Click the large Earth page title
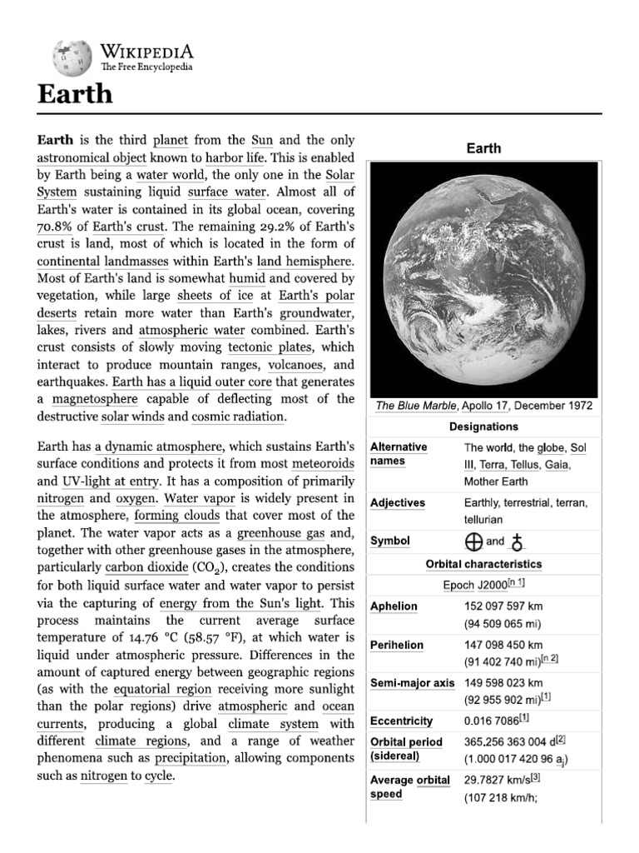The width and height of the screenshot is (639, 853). (75, 93)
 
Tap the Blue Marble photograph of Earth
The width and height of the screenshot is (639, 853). (483, 277)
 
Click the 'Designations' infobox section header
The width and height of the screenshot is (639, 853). (483, 426)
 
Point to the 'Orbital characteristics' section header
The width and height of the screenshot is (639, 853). (483, 564)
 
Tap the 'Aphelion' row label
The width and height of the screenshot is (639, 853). (394, 606)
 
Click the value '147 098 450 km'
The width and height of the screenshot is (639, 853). (503, 645)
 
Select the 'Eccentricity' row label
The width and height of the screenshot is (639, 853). (401, 721)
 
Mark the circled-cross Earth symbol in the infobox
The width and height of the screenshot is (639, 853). (473, 541)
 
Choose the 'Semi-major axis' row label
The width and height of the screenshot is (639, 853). (412, 683)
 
